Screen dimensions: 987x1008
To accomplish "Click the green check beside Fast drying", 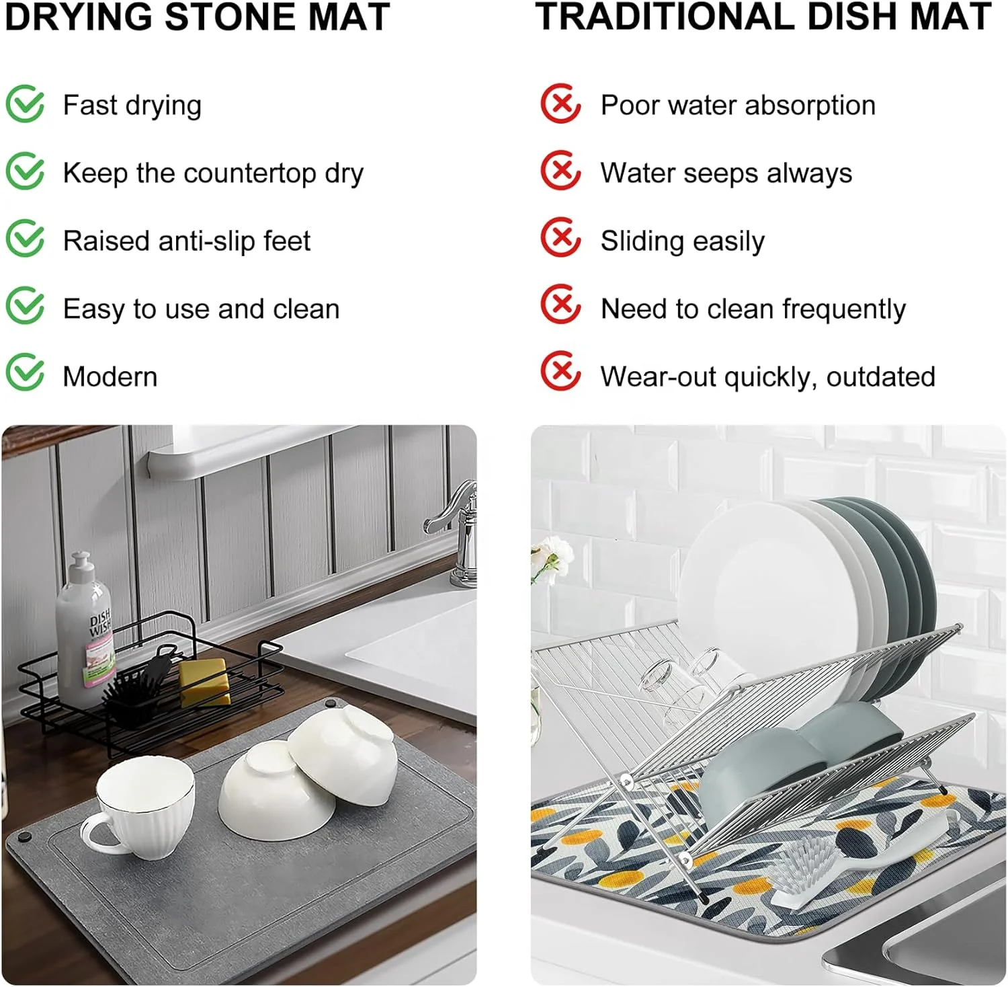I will (26, 104).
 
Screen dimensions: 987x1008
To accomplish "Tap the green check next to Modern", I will (26, 373).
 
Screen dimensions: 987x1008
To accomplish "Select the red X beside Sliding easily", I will (560, 237).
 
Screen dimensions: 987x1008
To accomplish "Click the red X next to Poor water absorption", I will (560, 104).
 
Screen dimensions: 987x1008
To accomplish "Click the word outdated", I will (880, 377).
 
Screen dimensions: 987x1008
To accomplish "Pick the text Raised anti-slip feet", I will (187, 241).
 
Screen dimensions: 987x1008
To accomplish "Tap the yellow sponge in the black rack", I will (204, 680).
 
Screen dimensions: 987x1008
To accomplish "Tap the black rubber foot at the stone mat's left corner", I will (25, 838).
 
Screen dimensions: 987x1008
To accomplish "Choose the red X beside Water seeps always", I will (560, 171).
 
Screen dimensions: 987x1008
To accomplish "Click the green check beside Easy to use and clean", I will (26, 306).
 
